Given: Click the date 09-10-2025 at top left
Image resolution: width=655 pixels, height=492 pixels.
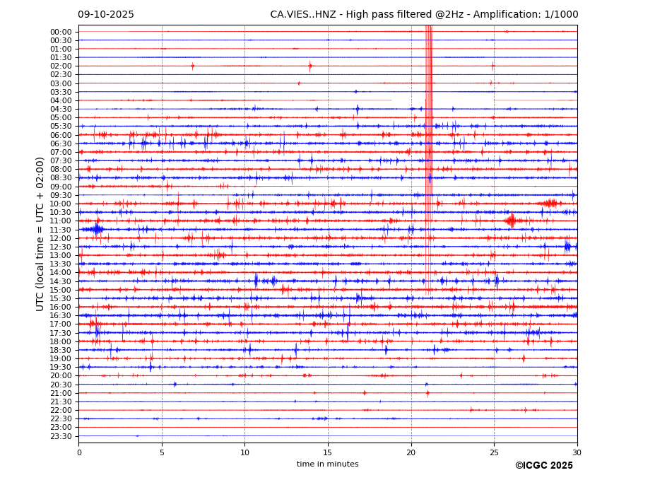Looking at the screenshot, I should tap(106, 15).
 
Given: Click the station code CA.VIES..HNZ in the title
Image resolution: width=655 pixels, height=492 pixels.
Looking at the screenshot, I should tap(305, 15).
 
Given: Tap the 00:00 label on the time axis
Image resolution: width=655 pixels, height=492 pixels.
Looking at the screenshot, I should tap(61, 32).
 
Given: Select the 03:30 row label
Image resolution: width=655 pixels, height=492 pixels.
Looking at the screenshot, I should tap(61, 92).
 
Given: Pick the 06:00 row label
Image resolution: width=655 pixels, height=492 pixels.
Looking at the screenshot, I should tap(61, 135).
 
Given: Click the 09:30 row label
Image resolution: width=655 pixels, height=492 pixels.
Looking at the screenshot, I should tap(61, 195).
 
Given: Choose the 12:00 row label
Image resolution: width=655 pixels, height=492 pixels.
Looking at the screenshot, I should tap(61, 238).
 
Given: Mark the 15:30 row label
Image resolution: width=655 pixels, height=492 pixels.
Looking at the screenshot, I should tap(61, 298).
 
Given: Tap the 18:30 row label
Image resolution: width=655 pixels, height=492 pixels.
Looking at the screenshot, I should tap(61, 350).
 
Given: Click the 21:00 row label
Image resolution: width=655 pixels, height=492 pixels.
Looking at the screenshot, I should tap(61, 393).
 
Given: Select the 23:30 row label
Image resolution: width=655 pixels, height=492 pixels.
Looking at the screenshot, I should tap(61, 436).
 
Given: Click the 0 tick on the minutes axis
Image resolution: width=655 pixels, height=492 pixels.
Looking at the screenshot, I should tap(79, 452).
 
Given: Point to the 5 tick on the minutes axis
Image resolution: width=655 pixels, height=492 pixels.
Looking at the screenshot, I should tap(162, 452).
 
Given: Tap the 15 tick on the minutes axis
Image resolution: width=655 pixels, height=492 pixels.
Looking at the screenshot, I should tap(328, 452).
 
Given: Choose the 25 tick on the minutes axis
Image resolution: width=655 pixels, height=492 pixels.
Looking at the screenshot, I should tap(494, 452).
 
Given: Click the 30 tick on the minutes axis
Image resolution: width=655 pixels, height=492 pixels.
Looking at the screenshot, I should tap(577, 452).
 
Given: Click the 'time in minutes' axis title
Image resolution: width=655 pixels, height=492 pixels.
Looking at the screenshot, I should tap(328, 464).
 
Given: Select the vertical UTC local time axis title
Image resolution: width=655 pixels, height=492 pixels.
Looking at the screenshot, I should tap(40, 234).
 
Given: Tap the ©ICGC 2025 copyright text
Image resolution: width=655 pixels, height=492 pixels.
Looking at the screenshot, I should tap(543, 466).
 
